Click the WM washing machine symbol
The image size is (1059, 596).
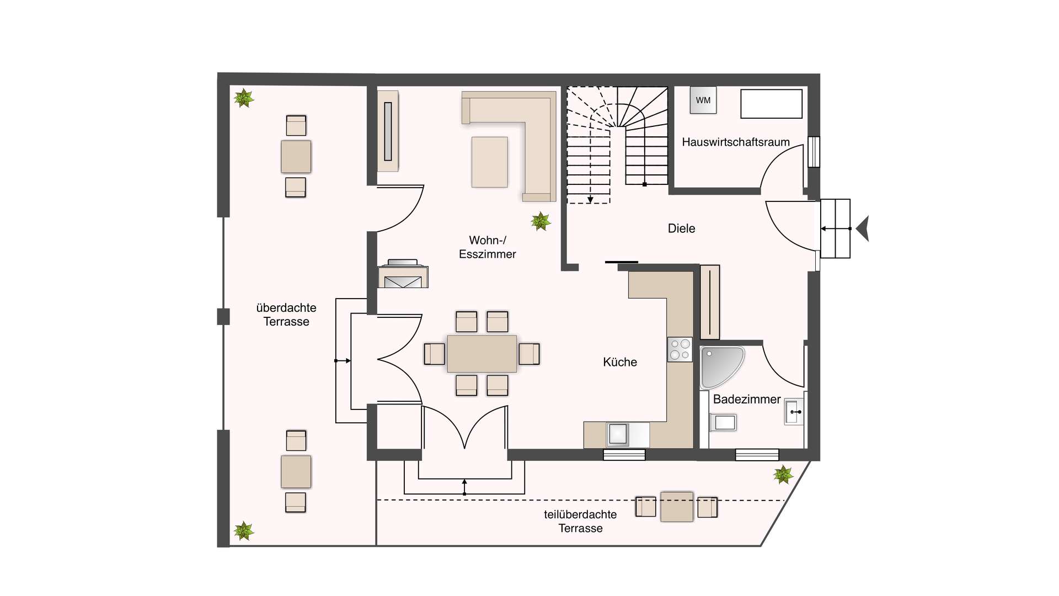(703, 100)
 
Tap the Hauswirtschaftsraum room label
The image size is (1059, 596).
(736, 142)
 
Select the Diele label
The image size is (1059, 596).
(681, 228)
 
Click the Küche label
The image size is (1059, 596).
(620, 362)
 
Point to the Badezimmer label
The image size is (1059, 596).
(747, 399)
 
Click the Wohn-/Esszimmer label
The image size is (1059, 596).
(488, 247)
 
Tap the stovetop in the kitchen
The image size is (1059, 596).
(680, 349)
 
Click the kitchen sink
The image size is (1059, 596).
(618, 434)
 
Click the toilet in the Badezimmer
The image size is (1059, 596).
(723, 423)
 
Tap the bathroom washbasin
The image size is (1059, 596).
(793, 412)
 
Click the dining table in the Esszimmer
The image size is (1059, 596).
(482, 354)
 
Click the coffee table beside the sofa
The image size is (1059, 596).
(490, 162)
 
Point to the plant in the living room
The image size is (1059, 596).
(541, 221)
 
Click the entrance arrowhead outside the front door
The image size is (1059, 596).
(863, 228)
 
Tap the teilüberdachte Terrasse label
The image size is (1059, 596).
(580, 521)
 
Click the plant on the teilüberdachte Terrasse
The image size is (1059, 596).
(783, 474)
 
